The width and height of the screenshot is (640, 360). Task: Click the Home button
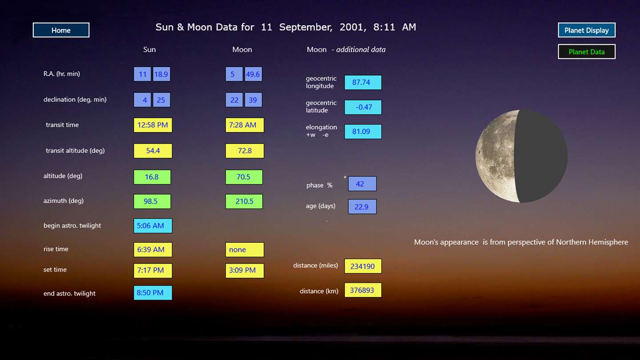coord(61,30)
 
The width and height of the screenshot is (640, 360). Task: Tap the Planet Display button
coord(587,30)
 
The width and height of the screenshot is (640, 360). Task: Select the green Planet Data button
coord(587,52)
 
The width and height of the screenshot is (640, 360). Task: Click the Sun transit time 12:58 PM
coord(153,125)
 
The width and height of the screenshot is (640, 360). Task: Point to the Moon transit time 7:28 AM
coord(244,125)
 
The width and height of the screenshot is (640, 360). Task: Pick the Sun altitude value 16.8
coord(152,177)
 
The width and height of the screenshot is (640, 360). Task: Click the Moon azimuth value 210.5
coord(244,201)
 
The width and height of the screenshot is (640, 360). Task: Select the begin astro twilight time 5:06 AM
coord(153,226)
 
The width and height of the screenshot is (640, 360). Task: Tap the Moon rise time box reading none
coord(244,250)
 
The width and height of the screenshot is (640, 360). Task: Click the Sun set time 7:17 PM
coord(153,270)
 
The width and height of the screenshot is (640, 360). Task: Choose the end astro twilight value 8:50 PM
coord(153,292)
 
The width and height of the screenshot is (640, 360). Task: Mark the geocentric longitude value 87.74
coord(363,82)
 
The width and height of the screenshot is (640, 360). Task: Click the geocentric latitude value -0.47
coord(363,107)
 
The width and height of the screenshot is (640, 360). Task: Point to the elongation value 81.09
coord(363,132)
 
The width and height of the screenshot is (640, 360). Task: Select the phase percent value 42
coord(362,184)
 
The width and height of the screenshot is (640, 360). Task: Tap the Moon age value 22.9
coord(362,207)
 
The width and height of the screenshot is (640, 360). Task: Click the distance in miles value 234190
coord(363,266)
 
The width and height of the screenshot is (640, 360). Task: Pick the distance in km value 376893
coord(363,290)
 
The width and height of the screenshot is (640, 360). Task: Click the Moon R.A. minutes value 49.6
coord(253,74)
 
